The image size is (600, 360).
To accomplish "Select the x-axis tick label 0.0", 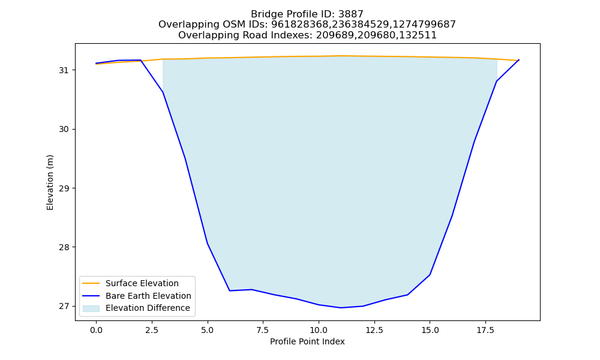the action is pos(96,330).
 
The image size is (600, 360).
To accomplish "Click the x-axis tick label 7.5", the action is pos(263,330).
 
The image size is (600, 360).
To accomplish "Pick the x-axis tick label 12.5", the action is pos(374,330).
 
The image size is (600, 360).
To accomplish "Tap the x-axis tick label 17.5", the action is pos(485,330).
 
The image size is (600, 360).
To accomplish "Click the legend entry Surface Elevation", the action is pos(142,283).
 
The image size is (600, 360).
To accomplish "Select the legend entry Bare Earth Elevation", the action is pos(148,296).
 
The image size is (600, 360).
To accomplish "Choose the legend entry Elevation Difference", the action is pos(148,308).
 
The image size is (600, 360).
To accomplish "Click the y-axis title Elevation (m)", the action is pos(50,182).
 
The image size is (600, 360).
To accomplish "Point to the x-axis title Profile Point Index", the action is pos(307,341).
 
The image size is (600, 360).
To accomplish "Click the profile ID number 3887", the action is pos(351,14).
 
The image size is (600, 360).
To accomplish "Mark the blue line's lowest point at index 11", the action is pos(341,308).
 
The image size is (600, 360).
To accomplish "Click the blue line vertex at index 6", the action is pos(230,291).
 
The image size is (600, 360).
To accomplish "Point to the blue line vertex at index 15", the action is pos(430,275).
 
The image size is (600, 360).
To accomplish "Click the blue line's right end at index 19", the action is pos(519,59).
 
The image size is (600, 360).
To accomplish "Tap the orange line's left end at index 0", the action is pos(96,64).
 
